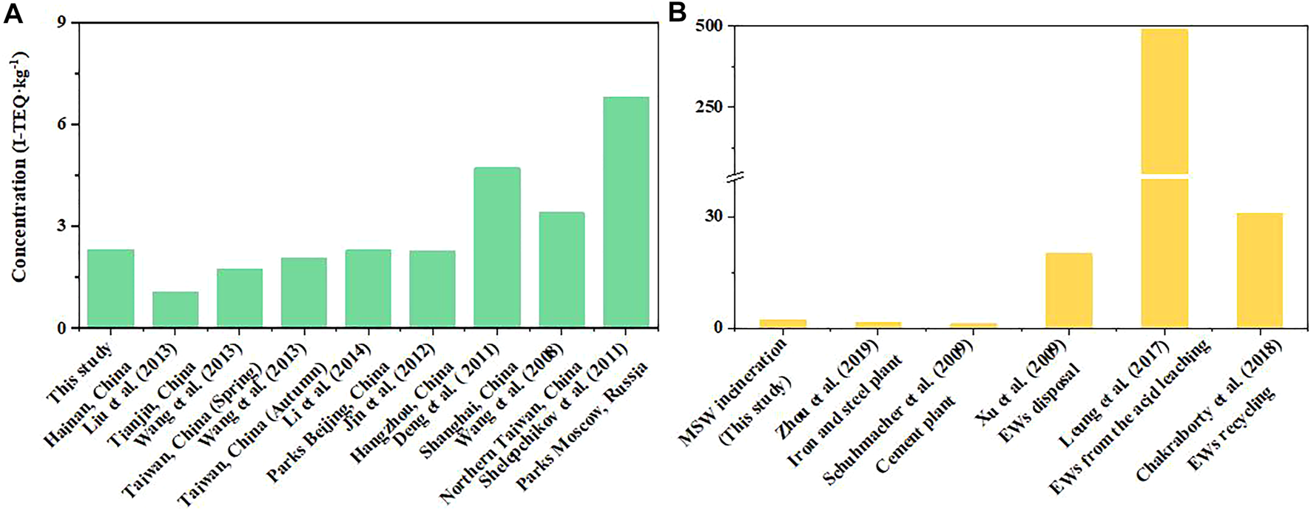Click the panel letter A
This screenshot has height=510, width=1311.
coord(13,13)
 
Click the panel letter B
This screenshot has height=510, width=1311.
coord(678,13)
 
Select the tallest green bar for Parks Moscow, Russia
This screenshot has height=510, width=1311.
coord(626,212)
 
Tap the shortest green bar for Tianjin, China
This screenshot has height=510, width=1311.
coord(175,309)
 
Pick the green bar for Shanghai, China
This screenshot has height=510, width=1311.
coord(497,248)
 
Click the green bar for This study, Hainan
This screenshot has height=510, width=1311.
coord(111,289)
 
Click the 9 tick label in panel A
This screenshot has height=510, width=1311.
coord(63,23)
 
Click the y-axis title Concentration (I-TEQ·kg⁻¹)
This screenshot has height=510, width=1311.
coord(20,167)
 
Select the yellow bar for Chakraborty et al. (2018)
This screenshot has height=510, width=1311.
coord(1259,270)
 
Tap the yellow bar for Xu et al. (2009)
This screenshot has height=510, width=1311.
coord(1069,290)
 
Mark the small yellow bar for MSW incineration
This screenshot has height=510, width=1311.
coord(783,323)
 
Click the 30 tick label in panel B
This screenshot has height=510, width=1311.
coord(716,217)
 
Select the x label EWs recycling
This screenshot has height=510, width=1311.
coord(1232,426)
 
